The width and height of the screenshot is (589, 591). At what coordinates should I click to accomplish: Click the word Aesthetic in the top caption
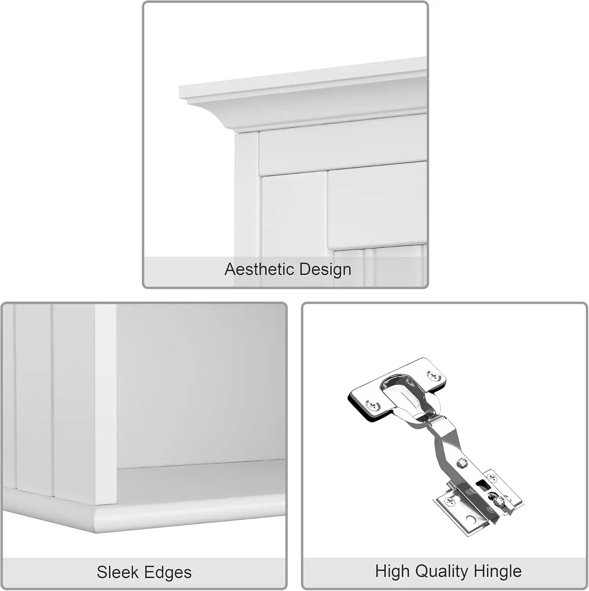click(x=260, y=269)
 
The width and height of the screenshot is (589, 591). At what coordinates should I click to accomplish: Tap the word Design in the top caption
click(x=325, y=269)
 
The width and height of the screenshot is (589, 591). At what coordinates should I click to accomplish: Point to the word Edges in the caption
click(x=168, y=572)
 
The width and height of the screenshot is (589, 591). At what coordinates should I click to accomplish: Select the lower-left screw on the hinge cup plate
click(x=372, y=405)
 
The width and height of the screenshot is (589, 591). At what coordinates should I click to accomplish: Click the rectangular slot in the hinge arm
click(x=480, y=482)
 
